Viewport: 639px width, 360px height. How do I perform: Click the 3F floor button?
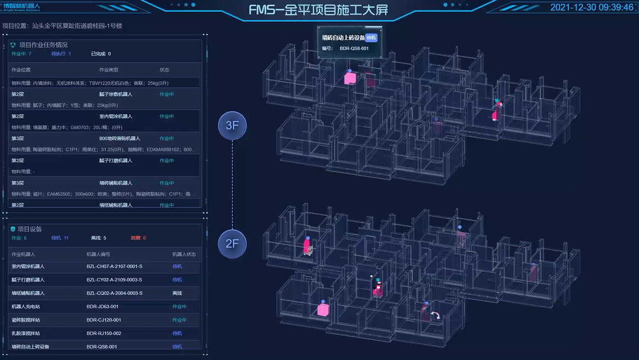pos(232,125)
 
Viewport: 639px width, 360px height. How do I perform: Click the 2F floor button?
pos(232,243)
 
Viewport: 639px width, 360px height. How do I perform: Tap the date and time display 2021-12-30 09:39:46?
pos(592,8)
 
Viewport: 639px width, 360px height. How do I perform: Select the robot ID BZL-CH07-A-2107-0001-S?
pos(114,267)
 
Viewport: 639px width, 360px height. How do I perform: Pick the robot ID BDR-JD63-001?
pos(102,307)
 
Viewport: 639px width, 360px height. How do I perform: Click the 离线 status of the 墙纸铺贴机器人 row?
pos(177,293)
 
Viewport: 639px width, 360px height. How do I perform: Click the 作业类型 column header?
pos(109,70)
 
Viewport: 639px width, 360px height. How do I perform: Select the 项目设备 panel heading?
pos(30,229)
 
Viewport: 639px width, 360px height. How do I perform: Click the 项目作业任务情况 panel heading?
pos(43,45)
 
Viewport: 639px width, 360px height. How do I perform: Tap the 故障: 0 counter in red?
pos(138,238)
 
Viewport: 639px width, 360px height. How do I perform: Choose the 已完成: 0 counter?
pos(101,54)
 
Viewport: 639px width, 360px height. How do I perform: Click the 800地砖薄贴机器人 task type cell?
pos(120,139)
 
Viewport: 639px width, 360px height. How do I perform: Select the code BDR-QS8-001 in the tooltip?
pos(354,48)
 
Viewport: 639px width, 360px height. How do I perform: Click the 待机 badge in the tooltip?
pos(372,38)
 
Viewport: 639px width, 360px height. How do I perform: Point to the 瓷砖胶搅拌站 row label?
pos(28,320)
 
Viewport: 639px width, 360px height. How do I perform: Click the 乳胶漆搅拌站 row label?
pos(28,334)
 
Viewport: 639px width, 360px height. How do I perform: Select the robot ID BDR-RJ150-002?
pos(104,334)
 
